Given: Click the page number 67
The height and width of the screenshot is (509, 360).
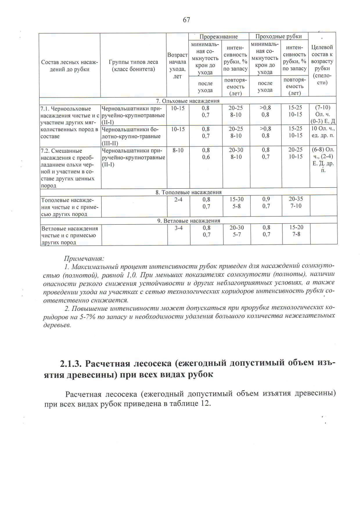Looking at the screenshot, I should [x=186, y=20].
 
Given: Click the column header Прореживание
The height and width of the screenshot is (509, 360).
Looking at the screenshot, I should [x=218, y=37].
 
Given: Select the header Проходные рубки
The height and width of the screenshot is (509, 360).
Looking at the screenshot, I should [x=278, y=37].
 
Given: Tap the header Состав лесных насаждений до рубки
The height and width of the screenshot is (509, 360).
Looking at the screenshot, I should [x=70, y=66].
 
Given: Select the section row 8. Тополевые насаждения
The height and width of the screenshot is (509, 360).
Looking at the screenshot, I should [x=188, y=192].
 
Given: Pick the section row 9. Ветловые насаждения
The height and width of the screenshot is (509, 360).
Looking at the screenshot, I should [x=189, y=221].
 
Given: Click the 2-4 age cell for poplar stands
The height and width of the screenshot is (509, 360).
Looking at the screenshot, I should [x=178, y=199].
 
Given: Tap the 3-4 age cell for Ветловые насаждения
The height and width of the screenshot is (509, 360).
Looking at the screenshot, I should [x=178, y=228].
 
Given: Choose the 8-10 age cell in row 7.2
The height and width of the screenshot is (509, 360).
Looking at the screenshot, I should [x=178, y=150].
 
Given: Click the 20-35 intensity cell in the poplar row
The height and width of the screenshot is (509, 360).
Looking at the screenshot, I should [x=296, y=199].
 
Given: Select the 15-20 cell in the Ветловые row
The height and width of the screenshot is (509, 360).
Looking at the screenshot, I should [x=296, y=227].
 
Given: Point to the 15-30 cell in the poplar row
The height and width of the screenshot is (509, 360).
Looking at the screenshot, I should [x=237, y=199].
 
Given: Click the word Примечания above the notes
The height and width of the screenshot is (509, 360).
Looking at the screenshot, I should [x=84, y=258].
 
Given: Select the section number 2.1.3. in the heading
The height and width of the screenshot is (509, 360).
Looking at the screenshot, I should [x=70, y=364].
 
